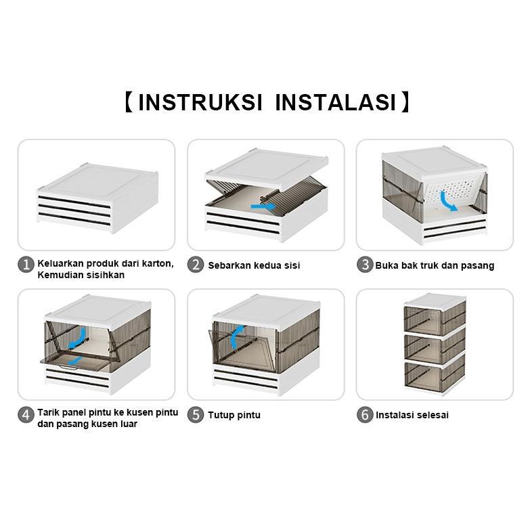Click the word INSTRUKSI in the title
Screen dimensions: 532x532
click(x=200, y=102)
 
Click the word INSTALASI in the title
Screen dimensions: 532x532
click(x=335, y=102)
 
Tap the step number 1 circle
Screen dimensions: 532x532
click(x=26, y=265)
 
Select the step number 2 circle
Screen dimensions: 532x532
click(x=196, y=265)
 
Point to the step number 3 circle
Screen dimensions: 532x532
click(x=365, y=265)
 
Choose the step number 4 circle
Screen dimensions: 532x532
click(x=26, y=415)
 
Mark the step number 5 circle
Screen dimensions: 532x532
click(x=196, y=415)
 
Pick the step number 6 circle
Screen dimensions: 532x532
click(x=365, y=415)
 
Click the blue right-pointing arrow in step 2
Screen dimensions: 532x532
click(x=263, y=206)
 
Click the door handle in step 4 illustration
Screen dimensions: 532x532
click(x=69, y=368)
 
